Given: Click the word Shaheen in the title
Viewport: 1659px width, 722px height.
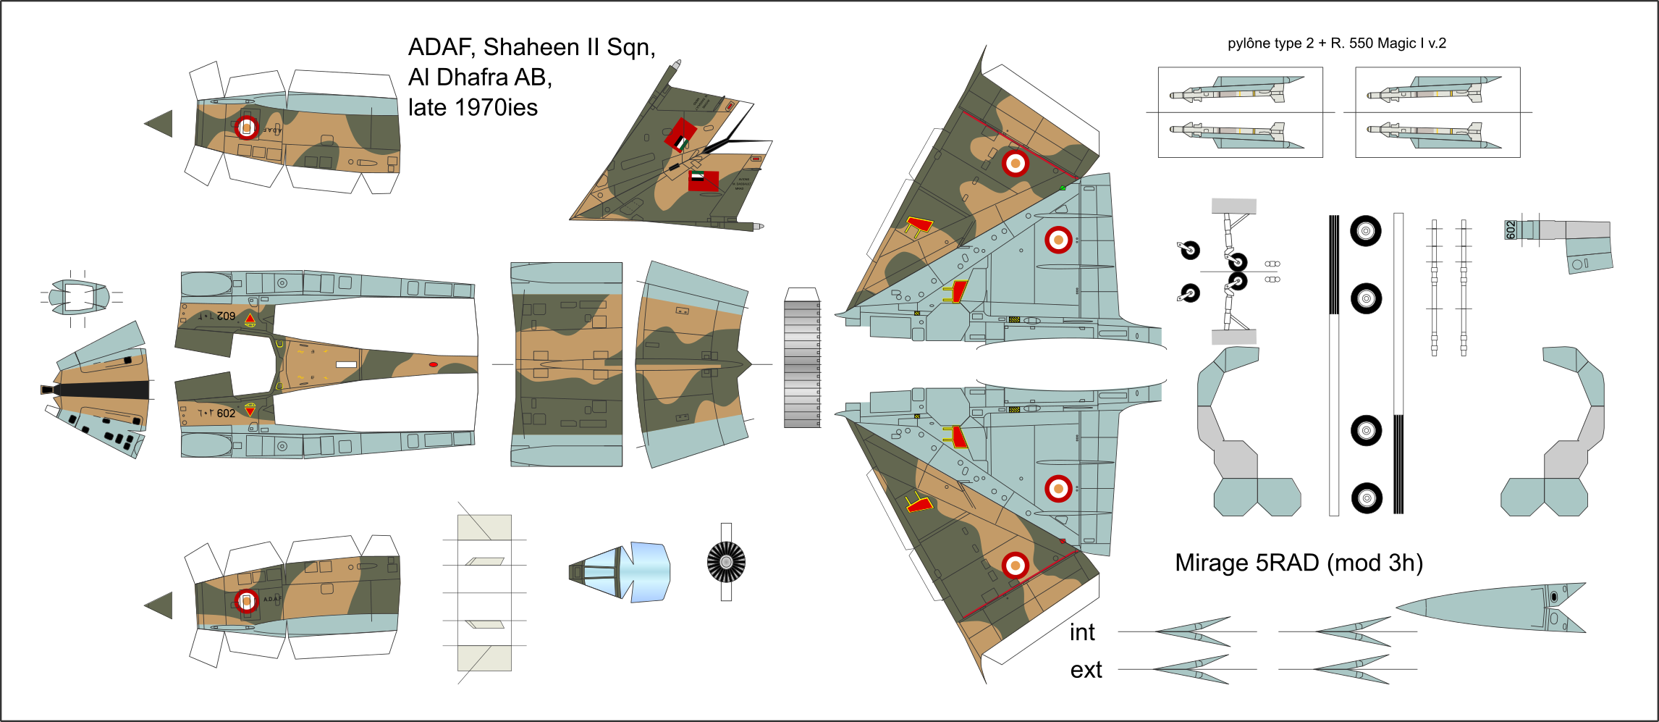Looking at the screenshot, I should point(531,47).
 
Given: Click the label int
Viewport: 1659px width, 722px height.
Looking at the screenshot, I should point(1082,632).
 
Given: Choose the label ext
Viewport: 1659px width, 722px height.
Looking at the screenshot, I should point(1086,670).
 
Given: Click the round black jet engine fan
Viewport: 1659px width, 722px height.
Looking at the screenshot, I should point(726,562).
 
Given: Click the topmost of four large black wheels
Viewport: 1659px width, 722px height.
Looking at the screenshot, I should point(1366,232).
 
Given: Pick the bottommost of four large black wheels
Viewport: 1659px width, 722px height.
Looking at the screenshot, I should point(1367,498).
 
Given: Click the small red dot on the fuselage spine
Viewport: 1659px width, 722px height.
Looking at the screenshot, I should point(433,364).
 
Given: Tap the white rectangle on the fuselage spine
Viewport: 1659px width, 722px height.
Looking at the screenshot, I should point(346,364).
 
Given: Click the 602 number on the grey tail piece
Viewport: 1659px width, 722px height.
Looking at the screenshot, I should point(1511,230).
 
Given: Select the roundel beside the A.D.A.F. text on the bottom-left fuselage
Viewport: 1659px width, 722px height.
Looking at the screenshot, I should point(247,601).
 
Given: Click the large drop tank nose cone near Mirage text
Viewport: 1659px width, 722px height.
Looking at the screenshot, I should point(1491,607).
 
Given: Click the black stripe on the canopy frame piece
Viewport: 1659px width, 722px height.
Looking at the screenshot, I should point(101,390).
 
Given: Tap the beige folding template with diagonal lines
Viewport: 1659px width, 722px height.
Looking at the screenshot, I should point(484,592).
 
